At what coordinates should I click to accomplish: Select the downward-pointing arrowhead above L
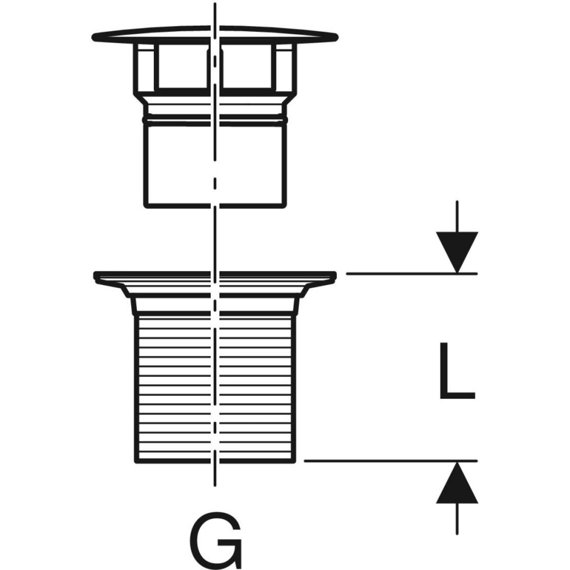click(x=457, y=251)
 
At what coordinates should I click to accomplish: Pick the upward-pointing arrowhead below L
click(x=457, y=483)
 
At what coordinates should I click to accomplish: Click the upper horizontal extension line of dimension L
click(x=410, y=274)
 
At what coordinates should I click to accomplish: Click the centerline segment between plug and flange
click(x=214, y=239)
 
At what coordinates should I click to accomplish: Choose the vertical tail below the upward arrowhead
click(x=457, y=519)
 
